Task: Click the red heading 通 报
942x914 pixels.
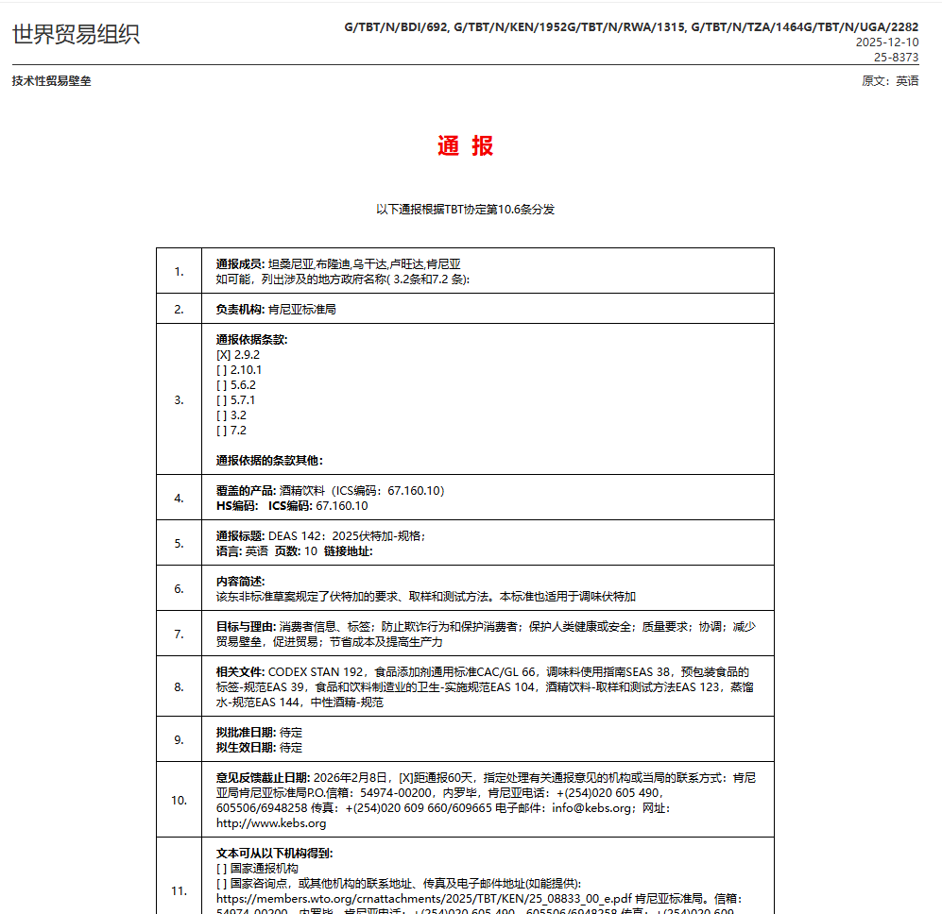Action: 465,146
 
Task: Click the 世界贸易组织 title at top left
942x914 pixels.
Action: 76,35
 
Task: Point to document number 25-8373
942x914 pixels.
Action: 895,57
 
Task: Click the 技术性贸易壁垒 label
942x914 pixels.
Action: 51,81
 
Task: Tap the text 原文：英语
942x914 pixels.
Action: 890,81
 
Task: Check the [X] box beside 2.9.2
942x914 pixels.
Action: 223,354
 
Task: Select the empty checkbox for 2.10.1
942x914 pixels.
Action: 222,369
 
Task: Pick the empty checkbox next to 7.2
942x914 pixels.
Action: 222,430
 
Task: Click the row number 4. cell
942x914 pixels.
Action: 179,498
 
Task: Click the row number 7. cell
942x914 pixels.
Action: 179,634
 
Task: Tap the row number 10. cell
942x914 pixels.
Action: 179,800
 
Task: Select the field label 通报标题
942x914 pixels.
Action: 241,535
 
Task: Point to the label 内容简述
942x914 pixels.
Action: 241,581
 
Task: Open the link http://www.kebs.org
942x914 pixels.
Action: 271,822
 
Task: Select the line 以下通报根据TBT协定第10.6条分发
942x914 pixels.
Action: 465,210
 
